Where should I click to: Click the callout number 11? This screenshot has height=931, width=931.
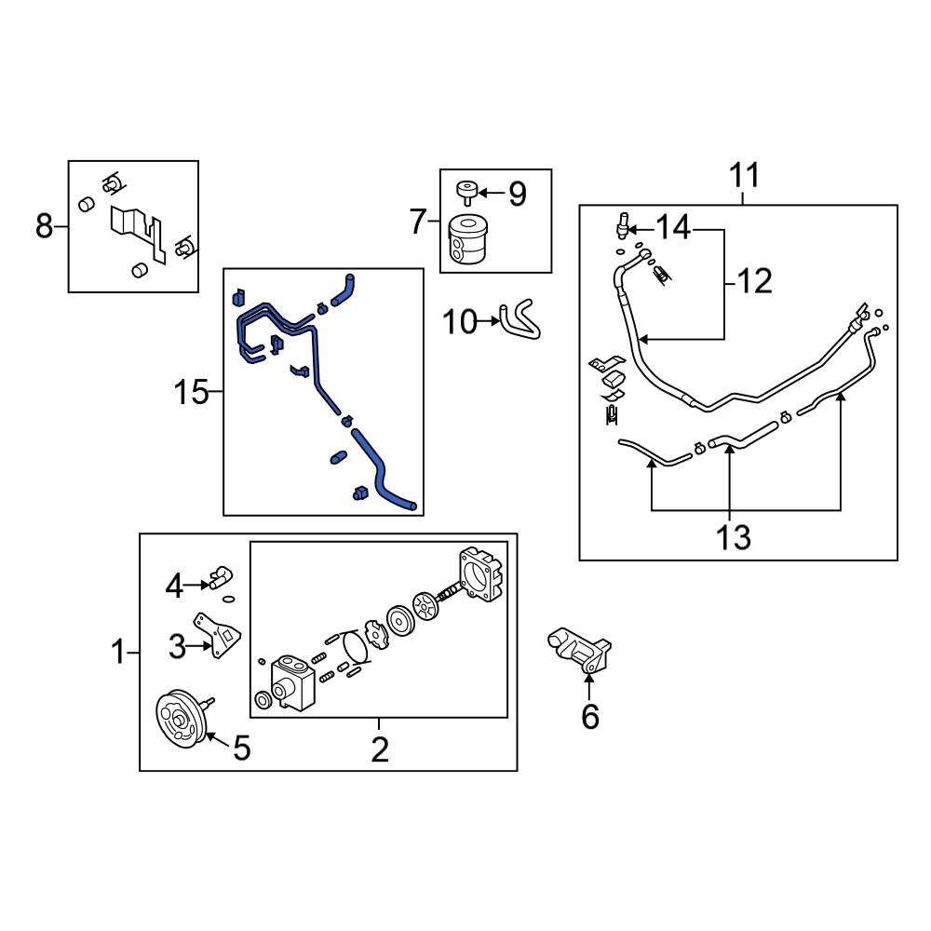[744, 176]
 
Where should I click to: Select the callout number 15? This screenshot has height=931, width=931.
[191, 393]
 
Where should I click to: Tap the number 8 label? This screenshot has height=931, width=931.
[44, 226]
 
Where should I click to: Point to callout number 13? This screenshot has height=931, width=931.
[735, 536]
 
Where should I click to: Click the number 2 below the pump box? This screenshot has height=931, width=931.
[379, 749]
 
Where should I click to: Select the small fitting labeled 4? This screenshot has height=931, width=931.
[220, 577]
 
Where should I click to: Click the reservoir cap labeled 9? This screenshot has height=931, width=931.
[465, 193]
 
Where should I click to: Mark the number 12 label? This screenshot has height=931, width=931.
[754, 280]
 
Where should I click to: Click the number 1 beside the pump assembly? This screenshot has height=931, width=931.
[118, 652]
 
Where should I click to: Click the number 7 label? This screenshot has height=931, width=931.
[418, 222]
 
